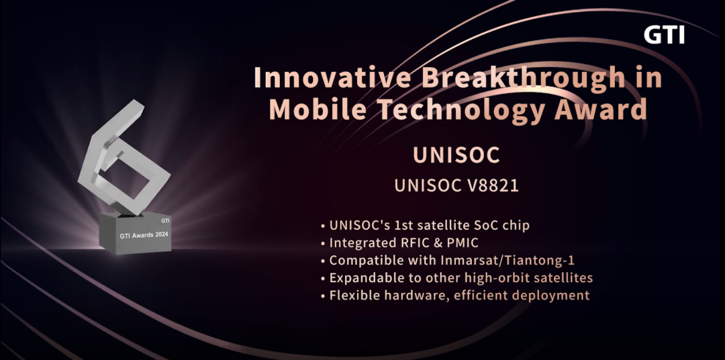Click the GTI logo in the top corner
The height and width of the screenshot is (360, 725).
[x=664, y=35]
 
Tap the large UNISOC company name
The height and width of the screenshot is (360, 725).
[x=456, y=155]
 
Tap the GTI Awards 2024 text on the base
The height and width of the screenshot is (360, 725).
[x=144, y=236]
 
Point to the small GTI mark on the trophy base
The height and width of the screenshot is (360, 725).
[x=165, y=220]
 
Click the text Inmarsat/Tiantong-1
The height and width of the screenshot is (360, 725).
[x=507, y=260]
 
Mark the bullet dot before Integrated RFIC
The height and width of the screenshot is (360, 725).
[x=323, y=244]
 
